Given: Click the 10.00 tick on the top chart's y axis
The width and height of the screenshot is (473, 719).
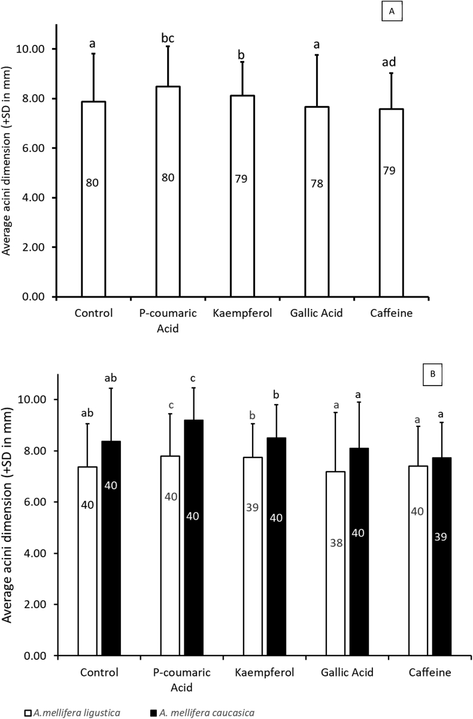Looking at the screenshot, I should pyautogui.click(x=36, y=48).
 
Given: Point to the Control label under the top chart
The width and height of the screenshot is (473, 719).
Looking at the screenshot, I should pyautogui.click(x=94, y=313).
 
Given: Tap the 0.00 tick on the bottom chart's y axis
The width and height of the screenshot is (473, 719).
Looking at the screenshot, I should pyautogui.click(x=36, y=656).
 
